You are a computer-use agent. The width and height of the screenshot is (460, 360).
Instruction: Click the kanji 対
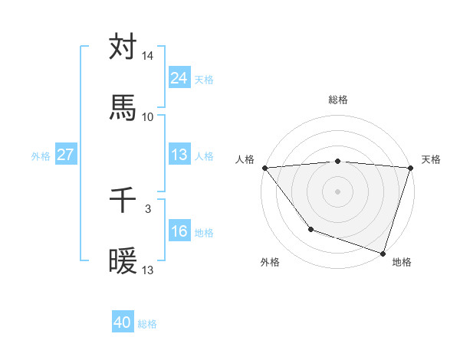(x=123, y=48)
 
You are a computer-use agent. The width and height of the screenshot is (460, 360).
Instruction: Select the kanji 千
(x=123, y=201)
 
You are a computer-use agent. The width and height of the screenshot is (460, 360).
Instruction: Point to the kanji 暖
(x=123, y=262)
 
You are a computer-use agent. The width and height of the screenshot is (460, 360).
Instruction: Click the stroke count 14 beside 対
(x=148, y=57)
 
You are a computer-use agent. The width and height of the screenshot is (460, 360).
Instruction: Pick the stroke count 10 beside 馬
(x=148, y=117)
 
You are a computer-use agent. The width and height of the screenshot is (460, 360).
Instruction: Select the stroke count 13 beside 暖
(x=148, y=270)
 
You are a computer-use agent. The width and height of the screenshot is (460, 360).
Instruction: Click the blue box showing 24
(x=179, y=78)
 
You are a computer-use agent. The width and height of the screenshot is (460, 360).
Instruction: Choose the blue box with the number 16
(x=179, y=231)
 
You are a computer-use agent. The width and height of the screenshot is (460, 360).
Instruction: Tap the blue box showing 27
(x=65, y=155)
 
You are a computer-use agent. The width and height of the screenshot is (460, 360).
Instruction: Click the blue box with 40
(x=123, y=323)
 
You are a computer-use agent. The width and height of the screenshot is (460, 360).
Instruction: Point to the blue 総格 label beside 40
(x=147, y=324)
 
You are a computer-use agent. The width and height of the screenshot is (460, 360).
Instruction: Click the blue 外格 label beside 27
(x=41, y=155)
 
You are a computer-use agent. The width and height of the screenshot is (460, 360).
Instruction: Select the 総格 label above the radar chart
(x=337, y=100)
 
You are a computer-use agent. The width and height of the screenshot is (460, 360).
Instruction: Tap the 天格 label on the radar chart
(x=431, y=159)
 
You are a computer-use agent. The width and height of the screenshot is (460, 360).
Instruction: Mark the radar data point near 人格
(x=264, y=168)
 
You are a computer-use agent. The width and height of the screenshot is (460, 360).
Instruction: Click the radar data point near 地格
(x=383, y=253)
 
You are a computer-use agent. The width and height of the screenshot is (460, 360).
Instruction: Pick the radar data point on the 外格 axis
(x=310, y=229)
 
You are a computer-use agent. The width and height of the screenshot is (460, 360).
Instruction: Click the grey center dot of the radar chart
(x=337, y=191)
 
